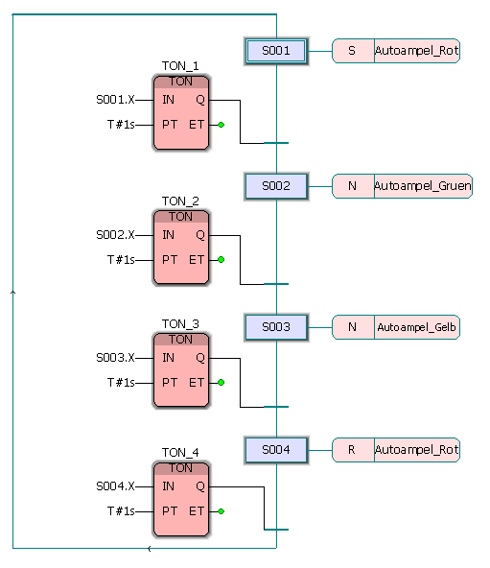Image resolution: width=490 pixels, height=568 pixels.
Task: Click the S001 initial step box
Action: coord(276,51)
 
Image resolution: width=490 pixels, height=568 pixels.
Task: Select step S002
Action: coord(276,186)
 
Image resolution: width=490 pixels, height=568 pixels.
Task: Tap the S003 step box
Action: coord(276,327)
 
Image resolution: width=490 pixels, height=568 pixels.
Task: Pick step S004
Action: coord(276,450)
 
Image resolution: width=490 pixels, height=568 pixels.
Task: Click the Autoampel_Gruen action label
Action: coord(422,186)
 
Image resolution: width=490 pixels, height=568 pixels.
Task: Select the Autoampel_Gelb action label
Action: coord(416,327)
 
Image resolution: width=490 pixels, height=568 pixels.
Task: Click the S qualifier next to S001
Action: coord(352,51)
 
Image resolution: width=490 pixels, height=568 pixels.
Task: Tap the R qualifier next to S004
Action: coord(352,450)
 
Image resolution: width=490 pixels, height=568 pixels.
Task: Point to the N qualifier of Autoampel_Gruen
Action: coord(352,186)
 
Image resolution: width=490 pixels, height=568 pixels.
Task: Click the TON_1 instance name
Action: coord(180,66)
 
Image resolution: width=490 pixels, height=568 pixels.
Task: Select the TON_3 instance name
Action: coord(180,324)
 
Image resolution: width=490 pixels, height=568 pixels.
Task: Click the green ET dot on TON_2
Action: coord(221,260)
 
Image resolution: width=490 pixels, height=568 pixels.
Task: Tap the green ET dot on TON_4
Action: coord(221,511)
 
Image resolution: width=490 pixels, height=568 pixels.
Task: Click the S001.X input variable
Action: coord(115,100)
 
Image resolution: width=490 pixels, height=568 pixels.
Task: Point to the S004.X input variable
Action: coord(115,486)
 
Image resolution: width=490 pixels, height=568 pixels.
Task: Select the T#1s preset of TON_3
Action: coord(121,383)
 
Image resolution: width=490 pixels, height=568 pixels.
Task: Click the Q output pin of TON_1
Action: coord(200,100)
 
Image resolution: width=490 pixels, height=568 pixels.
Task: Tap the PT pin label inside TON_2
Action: coord(170,260)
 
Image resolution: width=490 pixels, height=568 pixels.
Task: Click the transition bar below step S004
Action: coord(276,530)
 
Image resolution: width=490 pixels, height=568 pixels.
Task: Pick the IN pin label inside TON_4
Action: coord(169,486)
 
